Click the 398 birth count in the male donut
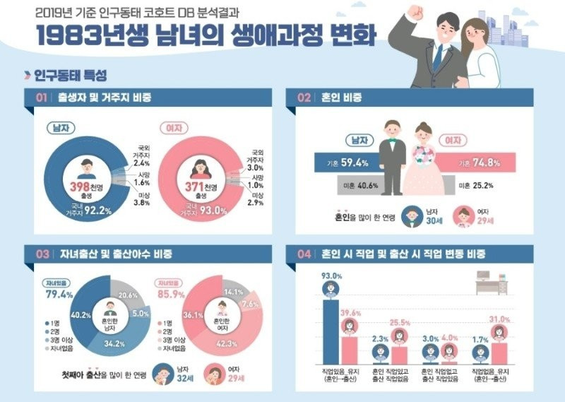83,185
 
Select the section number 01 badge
40,98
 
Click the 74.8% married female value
487,163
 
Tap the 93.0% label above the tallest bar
330,276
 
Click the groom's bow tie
393,138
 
